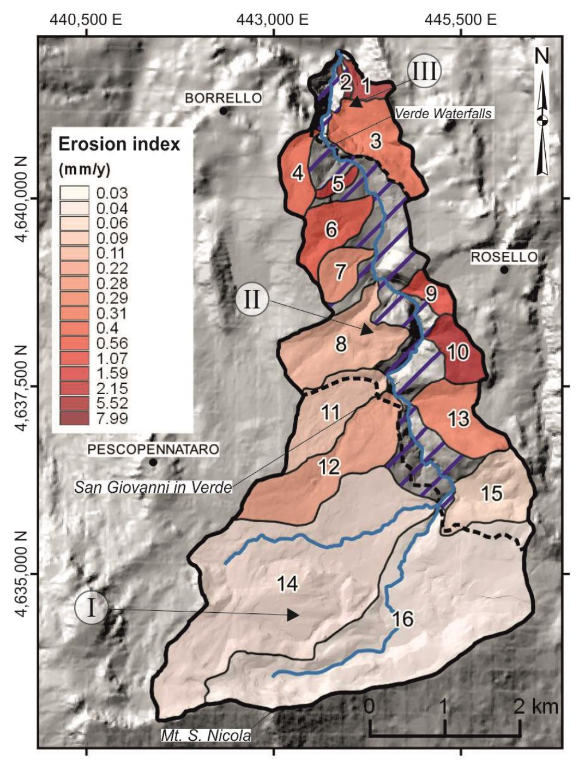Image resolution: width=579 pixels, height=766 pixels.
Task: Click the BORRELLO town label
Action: [223, 98]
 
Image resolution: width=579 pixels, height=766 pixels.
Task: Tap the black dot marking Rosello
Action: [504, 270]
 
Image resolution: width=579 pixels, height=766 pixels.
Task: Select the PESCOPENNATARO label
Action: [153, 450]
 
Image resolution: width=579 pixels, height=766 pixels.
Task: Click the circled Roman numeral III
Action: [424, 71]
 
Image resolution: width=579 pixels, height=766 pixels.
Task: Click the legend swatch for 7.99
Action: [74, 418]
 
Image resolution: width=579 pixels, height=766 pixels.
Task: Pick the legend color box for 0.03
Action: [74, 192]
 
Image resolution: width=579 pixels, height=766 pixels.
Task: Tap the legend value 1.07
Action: [112, 358]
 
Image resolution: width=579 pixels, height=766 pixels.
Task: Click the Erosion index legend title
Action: [119, 144]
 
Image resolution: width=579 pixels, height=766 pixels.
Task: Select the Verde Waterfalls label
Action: [443, 113]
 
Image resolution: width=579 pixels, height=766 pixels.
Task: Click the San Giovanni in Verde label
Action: [153, 487]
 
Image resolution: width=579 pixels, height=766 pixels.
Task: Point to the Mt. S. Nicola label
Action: [206, 735]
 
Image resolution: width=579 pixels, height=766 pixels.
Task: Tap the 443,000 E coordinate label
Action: [273, 20]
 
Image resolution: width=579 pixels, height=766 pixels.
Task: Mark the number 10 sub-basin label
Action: [458, 352]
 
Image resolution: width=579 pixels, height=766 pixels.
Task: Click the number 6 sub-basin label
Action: [331, 230]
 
